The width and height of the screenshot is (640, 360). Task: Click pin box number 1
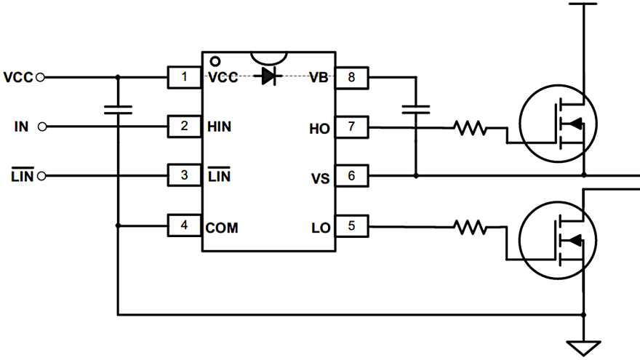click(185, 76)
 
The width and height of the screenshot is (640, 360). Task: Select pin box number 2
click(185, 127)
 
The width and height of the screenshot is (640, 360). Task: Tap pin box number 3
click(185, 176)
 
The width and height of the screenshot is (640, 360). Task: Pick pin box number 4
click(185, 226)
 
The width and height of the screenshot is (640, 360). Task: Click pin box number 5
click(352, 226)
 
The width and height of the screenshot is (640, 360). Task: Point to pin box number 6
click(352, 176)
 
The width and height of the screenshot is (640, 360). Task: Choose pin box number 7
click(352, 127)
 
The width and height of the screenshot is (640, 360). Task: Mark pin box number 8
click(352, 76)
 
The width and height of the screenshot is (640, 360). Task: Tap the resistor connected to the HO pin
click(470, 128)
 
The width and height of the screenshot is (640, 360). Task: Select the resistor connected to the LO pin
click(470, 228)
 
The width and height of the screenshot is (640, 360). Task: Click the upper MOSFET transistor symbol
click(559, 125)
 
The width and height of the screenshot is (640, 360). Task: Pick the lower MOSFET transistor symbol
click(559, 241)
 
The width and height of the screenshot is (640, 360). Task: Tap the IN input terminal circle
click(42, 127)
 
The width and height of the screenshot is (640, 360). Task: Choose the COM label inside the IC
click(222, 227)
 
